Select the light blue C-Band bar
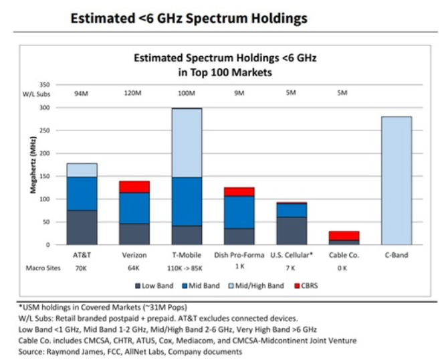[x=397, y=181]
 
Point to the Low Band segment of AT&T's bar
[x=82, y=228]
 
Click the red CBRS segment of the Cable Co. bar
[x=345, y=236]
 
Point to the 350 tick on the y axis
[x=45, y=85]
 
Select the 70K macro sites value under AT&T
[x=82, y=268]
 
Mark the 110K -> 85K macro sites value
[x=187, y=268]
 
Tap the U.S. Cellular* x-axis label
[x=292, y=256]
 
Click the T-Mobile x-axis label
[x=187, y=256]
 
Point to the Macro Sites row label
[x=41, y=268]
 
